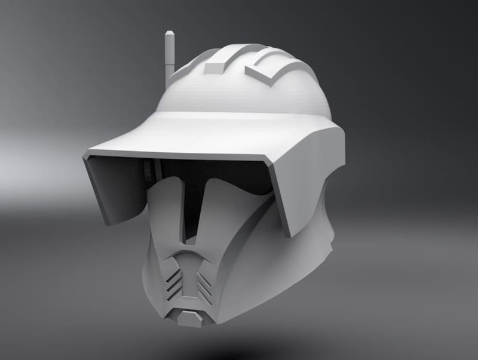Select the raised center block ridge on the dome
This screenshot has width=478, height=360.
pyautogui.click(x=213, y=67)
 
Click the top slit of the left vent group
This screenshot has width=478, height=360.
pyautogui.click(x=174, y=275)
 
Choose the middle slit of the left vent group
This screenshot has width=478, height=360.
pyautogui.click(x=174, y=284)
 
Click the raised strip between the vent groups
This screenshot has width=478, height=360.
pyautogui.click(x=190, y=281)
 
